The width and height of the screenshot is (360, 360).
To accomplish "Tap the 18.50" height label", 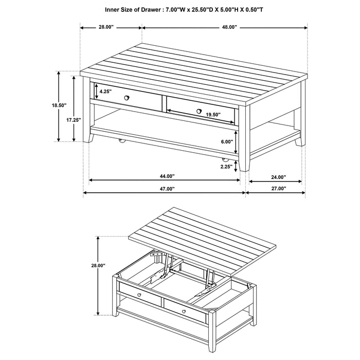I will (60, 105).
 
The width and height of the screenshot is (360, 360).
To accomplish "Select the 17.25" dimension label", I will (74, 119).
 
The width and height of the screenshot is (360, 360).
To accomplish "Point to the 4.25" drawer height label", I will (106, 91).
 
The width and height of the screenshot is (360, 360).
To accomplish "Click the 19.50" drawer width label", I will (212, 115).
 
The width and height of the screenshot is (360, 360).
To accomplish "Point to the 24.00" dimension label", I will (278, 176).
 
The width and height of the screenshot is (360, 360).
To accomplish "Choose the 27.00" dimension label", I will (278, 189).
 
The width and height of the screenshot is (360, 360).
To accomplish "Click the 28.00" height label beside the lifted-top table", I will (98, 265).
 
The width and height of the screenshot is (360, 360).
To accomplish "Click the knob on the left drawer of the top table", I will (127, 97).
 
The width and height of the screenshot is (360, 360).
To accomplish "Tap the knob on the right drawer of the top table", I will (199, 111).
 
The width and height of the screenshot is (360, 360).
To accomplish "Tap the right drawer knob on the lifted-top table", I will (183, 310).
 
